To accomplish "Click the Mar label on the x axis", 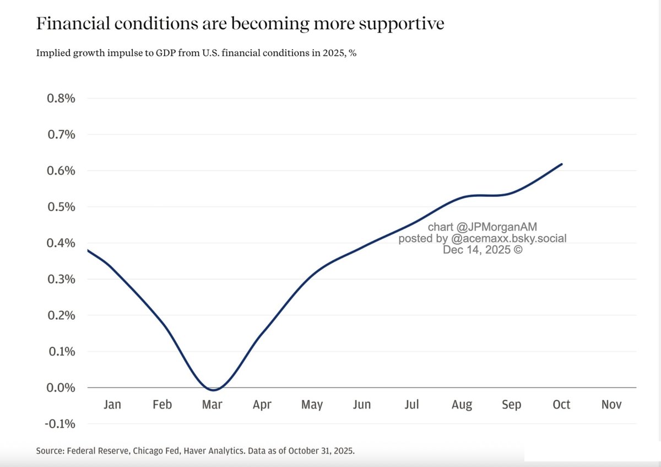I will tap(212, 405).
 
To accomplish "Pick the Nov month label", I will tap(611, 405).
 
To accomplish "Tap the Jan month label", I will tap(112, 405).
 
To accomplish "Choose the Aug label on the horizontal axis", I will tap(462, 405).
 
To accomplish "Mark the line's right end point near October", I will tap(561, 164).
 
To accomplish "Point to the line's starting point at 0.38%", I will tap(88, 250).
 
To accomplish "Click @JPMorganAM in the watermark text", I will tap(497, 227).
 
